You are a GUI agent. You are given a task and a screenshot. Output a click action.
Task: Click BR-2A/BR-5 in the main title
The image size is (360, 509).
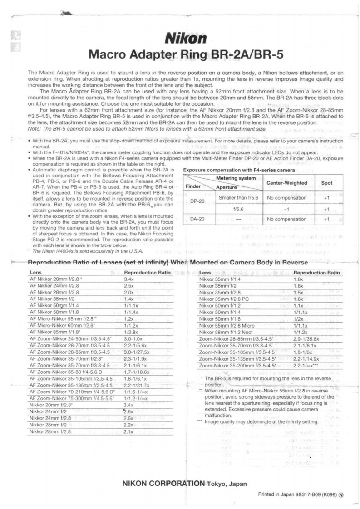(247, 55)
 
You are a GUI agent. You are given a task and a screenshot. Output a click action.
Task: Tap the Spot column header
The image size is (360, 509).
(326, 183)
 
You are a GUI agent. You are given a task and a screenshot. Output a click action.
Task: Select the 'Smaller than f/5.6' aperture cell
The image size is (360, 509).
(238, 198)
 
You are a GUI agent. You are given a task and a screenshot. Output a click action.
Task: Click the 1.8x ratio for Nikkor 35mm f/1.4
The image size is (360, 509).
(299, 279)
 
